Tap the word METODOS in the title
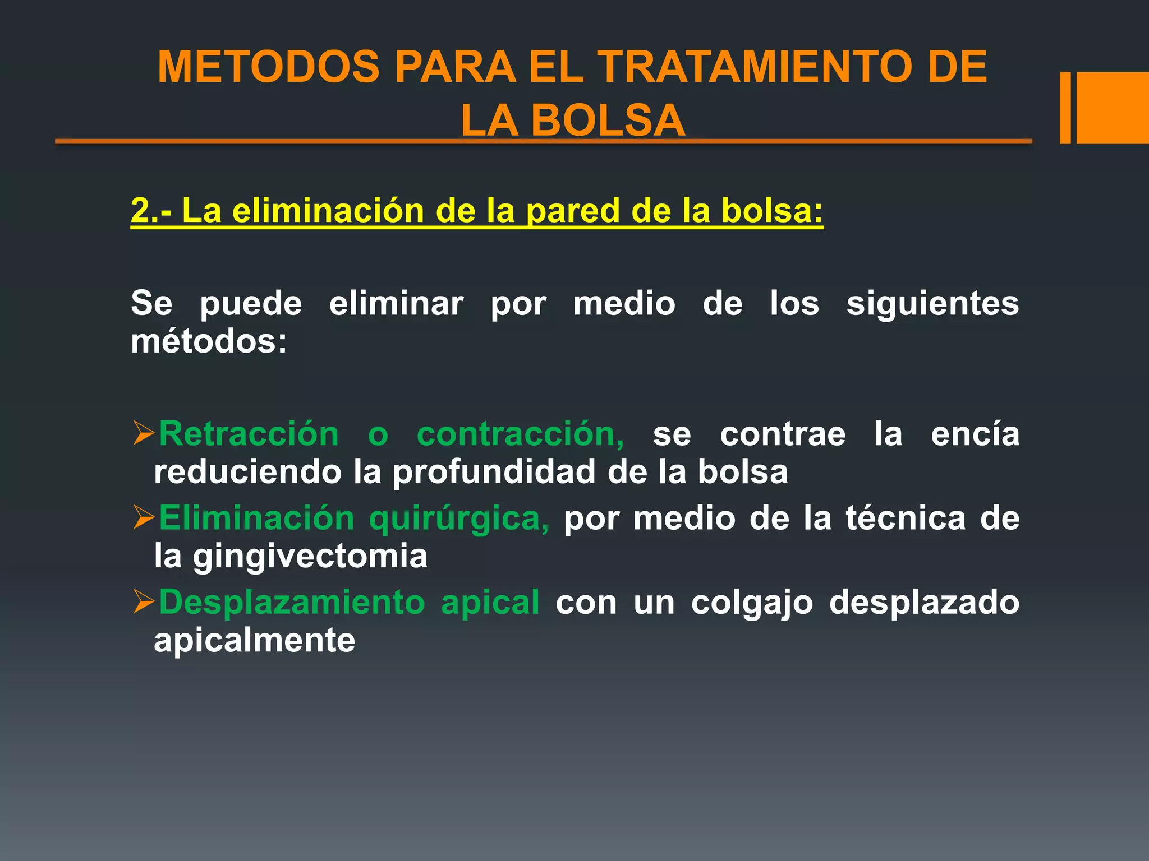(268, 67)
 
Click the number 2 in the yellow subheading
(140, 211)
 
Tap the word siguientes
(932, 303)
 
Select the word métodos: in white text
(209, 341)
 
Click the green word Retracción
(249, 434)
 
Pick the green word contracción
(520, 434)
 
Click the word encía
(975, 434)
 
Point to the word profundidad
(494, 472)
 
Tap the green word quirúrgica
(459, 518)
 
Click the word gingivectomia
(310, 556)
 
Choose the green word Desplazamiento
(292, 602)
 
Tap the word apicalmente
(254, 640)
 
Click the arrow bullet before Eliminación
(144, 517)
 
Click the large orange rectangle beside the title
(1113, 108)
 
